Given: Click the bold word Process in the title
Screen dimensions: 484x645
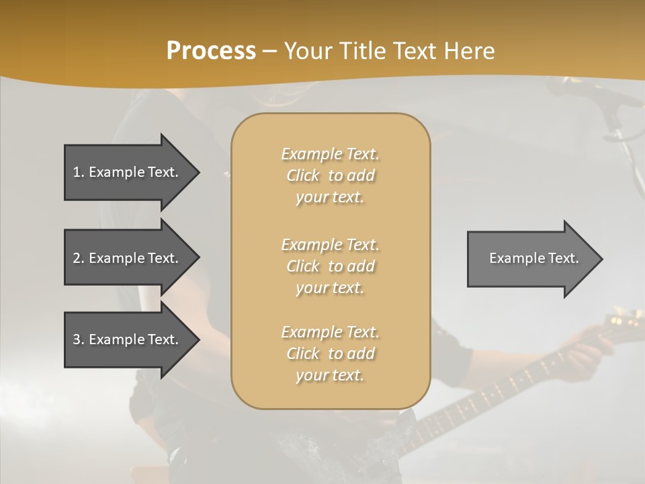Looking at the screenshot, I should [211, 51].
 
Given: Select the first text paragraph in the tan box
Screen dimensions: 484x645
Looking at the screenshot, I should [330, 175].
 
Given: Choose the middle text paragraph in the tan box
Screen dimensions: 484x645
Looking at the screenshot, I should [330, 266].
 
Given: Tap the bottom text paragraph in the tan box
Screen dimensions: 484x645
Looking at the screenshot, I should [330, 354].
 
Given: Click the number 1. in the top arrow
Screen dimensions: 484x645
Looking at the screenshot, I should [79, 172].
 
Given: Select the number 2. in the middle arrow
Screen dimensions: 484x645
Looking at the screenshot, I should [79, 258].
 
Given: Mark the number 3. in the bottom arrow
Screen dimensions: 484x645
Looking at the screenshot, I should [79, 339].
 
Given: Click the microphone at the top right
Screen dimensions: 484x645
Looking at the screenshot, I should [591, 94].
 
